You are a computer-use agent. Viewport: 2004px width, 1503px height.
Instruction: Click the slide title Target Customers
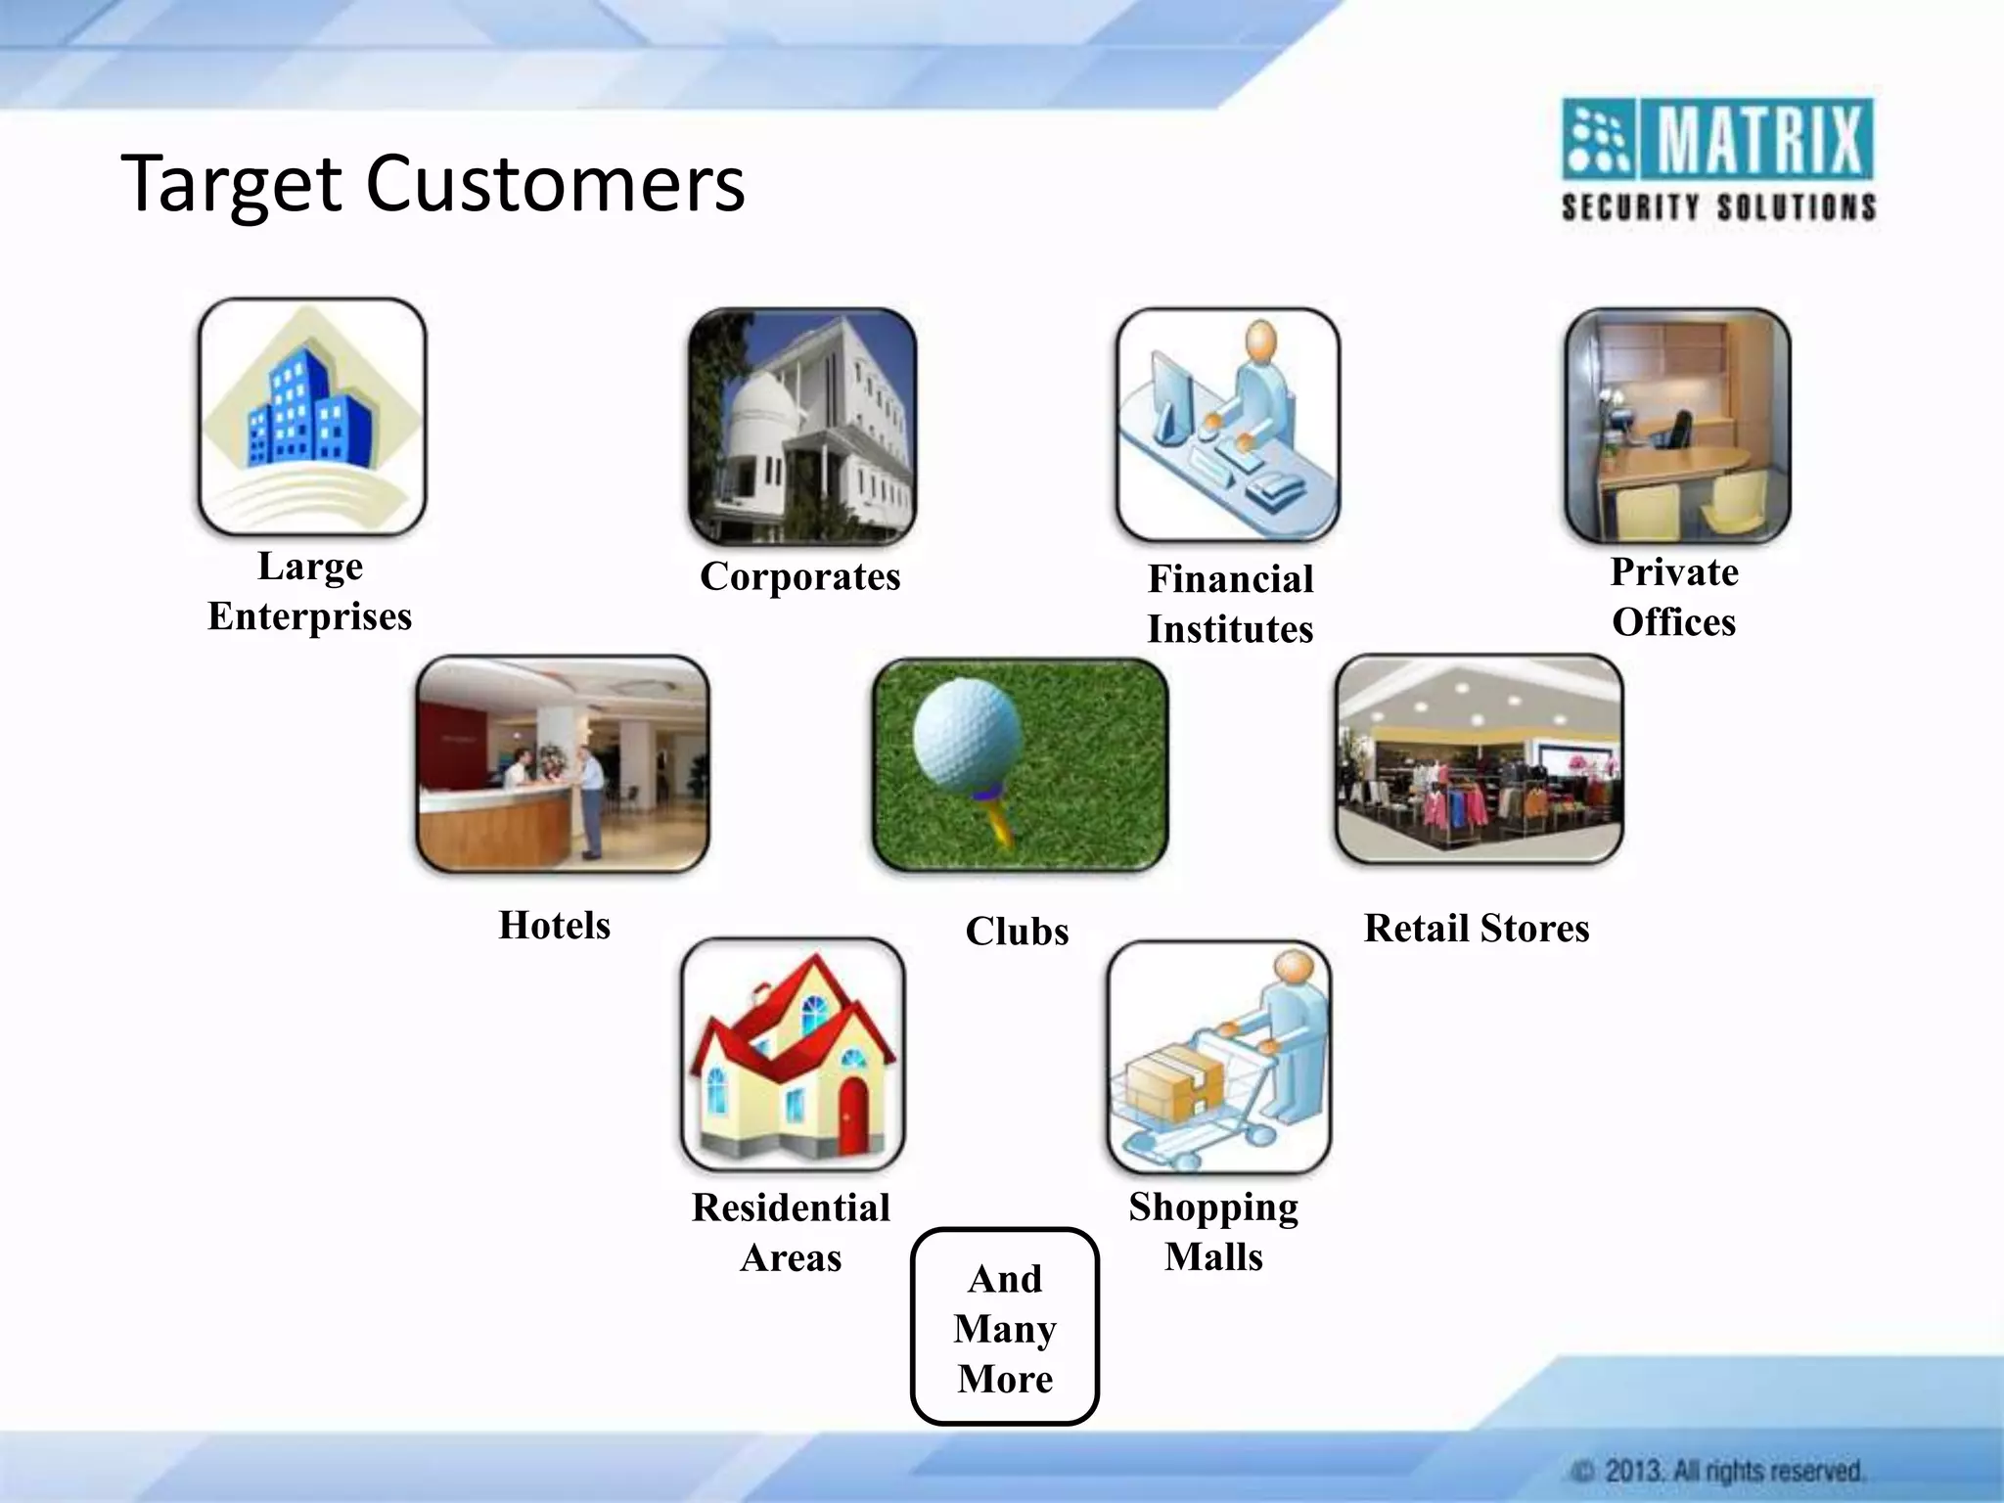[x=433, y=183]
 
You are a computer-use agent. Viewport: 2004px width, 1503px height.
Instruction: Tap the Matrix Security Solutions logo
[x=1717, y=159]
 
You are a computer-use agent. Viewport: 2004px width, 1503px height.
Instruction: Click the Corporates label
[x=799, y=576]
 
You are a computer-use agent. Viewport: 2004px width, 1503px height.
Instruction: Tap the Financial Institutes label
[x=1230, y=604]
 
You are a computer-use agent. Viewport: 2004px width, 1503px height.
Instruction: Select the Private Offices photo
[x=1676, y=426]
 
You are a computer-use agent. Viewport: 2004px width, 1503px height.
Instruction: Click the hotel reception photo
[x=562, y=764]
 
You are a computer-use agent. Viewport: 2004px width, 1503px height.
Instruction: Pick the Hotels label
[x=554, y=926]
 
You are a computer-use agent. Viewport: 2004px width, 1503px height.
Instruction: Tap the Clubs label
[x=1017, y=932]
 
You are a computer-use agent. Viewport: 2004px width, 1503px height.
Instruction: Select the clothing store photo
[x=1479, y=760]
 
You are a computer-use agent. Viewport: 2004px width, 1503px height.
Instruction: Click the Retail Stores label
[x=1476, y=929]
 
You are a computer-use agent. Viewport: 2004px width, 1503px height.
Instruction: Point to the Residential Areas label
[x=791, y=1232]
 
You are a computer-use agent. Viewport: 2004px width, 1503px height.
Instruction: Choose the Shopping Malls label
[x=1213, y=1231]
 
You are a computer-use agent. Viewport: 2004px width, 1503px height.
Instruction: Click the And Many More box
[x=1005, y=1327]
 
